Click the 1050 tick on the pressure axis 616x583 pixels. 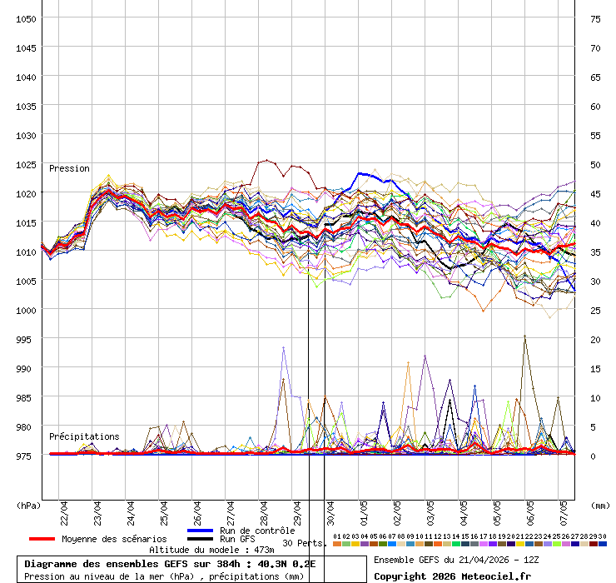[x=26, y=18]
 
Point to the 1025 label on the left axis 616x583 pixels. [x=26, y=164]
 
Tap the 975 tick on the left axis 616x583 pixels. [x=26, y=456]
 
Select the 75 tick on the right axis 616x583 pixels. [x=595, y=18]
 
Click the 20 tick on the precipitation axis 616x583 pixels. [x=595, y=339]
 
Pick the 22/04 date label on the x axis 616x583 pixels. [x=64, y=509]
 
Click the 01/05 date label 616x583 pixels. [x=364, y=509]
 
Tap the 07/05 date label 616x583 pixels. [x=564, y=509]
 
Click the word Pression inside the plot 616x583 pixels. [x=69, y=168]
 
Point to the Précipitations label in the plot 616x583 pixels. [x=83, y=436]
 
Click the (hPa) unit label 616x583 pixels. [x=28, y=505]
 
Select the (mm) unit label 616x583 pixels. [x=600, y=505]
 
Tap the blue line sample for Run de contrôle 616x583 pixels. [x=200, y=531]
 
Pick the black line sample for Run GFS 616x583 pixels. [x=200, y=539]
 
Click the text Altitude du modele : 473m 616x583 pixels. [x=211, y=550]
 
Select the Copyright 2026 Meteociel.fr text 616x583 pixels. [x=452, y=576]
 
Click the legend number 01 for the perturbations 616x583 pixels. [x=337, y=536]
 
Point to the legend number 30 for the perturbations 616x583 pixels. [x=602, y=536]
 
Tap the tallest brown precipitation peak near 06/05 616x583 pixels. [x=524, y=336]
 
